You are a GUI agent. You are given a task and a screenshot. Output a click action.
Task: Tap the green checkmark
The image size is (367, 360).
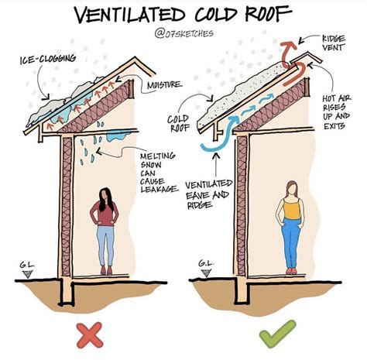point(274,335)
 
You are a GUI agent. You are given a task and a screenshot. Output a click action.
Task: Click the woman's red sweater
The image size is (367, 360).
point(104,212)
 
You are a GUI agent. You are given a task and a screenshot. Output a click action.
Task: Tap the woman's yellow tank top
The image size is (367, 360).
point(291,207)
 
